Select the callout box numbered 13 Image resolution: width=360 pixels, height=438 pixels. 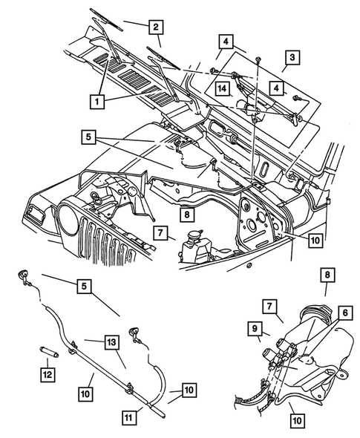111,342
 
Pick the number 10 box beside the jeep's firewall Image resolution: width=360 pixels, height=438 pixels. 315,240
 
